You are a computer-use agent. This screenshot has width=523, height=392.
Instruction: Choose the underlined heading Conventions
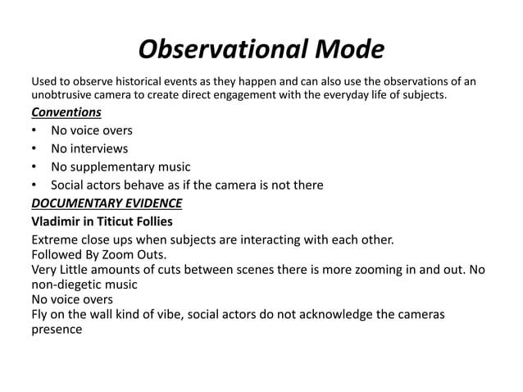tap(66, 112)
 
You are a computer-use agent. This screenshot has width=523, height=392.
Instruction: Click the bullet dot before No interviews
tap(34, 148)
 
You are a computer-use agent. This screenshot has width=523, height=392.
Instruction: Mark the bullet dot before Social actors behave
tap(34, 185)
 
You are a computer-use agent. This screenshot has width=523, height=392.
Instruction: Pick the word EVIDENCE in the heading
tap(152, 203)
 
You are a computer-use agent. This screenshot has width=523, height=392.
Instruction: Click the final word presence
tap(57, 330)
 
